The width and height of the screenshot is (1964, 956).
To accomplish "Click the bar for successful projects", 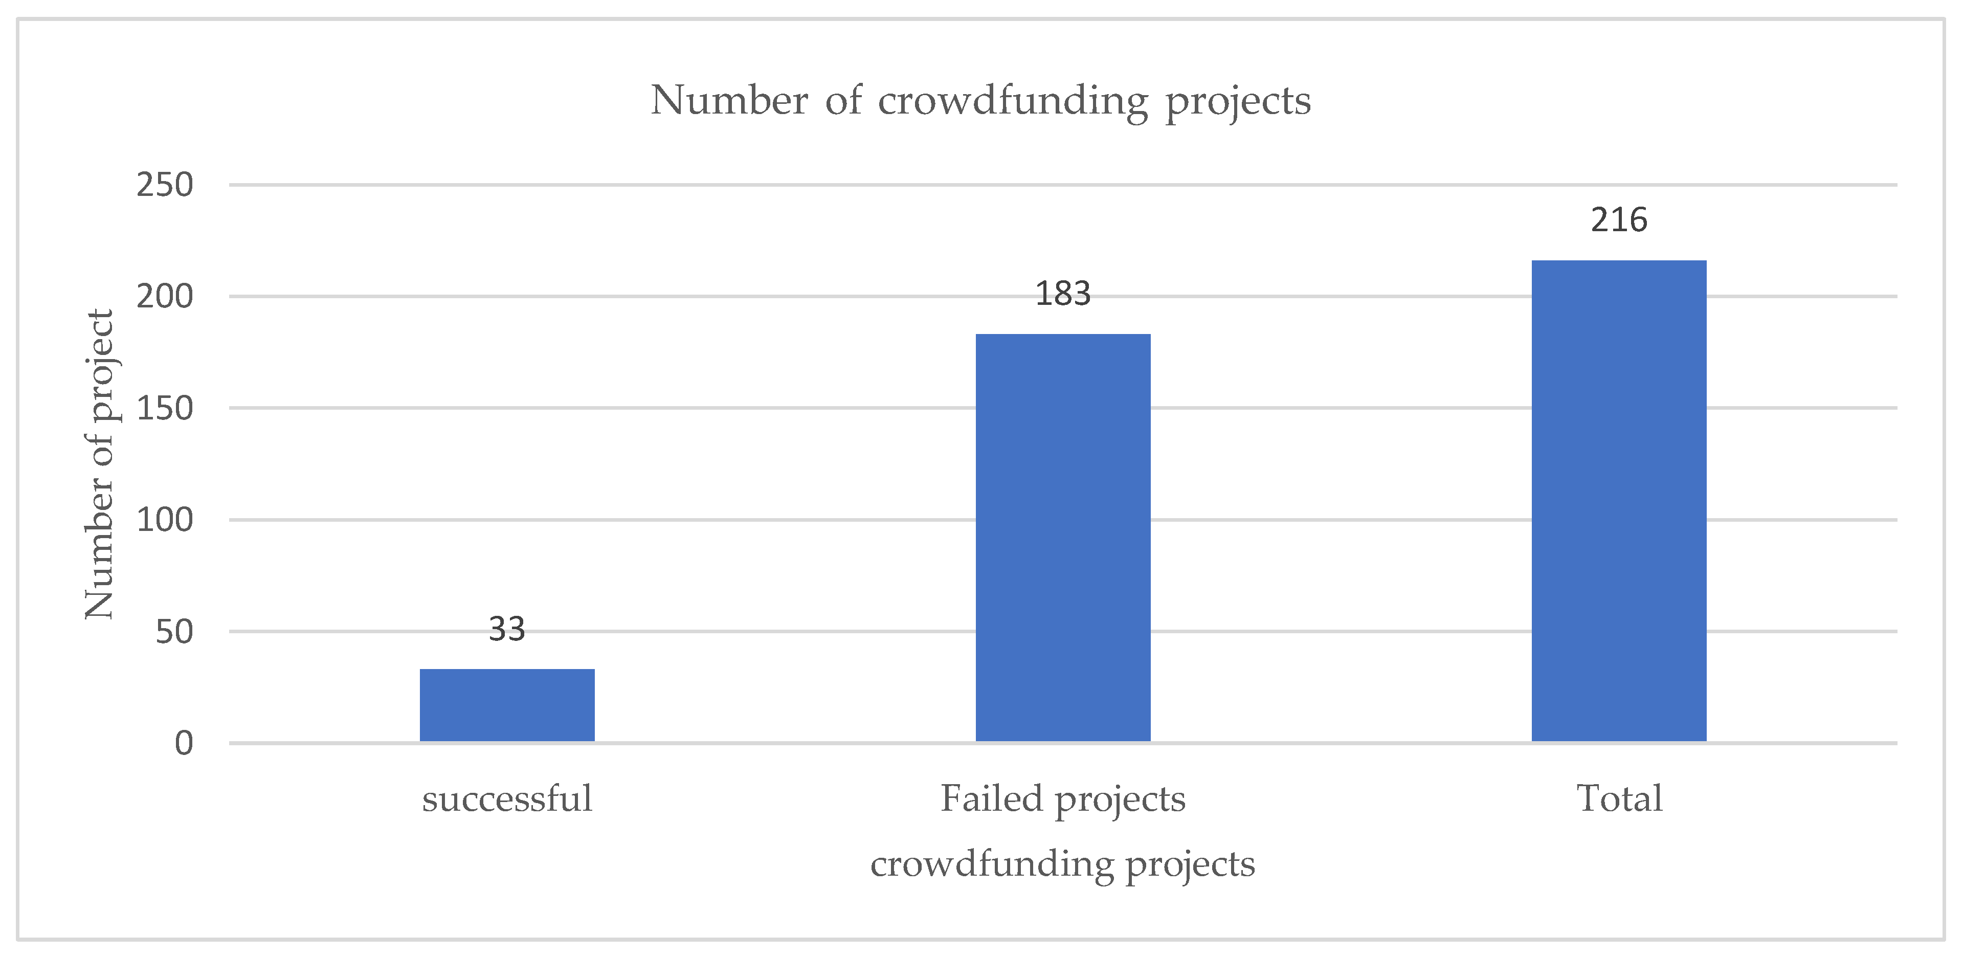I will coord(507,705).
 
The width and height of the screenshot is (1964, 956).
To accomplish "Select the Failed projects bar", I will coord(1063,538).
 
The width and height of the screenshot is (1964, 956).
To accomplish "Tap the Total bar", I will coord(1619,501).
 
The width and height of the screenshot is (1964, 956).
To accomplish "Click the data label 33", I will coord(507,630).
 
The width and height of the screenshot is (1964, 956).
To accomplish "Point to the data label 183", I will coord(1063,294).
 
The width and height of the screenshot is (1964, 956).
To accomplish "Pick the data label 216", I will coord(1619,221).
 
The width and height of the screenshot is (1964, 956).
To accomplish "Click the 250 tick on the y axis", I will coord(165,185).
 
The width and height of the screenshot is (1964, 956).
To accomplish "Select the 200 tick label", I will coord(165,297).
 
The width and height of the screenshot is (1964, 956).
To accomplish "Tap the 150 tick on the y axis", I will coord(165,409).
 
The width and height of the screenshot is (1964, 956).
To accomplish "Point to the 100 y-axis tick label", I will coord(165,520).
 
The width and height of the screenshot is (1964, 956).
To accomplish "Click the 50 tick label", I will coord(174,632).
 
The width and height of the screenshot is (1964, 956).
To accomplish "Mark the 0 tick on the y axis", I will coord(184,743).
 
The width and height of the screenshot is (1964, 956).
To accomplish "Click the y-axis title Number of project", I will coord(100,465).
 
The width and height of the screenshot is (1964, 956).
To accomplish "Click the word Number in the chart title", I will coord(729,101).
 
